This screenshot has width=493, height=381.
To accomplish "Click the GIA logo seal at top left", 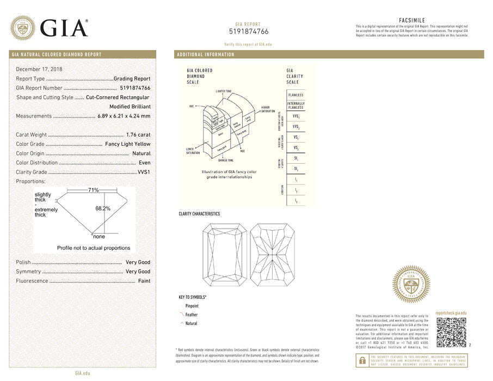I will [23, 27].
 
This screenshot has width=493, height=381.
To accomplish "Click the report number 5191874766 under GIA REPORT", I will [248, 32].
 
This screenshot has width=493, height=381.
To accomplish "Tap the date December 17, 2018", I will [39, 69].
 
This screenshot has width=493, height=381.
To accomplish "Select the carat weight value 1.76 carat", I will [138, 134].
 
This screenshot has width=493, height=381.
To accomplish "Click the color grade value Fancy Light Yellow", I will [128, 144].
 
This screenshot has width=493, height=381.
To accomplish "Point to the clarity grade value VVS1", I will [144, 172].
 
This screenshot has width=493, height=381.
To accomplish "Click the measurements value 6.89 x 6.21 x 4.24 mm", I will [124, 116].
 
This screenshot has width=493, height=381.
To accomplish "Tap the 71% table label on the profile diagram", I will [94, 190].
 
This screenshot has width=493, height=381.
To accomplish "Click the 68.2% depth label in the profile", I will [103, 208].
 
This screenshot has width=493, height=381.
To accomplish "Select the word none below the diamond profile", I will [99, 237].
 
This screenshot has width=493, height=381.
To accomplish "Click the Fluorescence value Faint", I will [144, 281].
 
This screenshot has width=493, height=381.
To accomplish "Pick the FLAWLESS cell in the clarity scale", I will [296, 95].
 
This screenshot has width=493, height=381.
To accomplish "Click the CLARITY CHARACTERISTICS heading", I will [199, 214].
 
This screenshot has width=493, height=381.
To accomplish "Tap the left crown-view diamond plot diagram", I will [224, 255].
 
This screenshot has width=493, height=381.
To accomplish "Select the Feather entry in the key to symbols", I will [191, 315].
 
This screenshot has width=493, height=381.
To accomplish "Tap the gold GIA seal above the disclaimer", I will [411, 284].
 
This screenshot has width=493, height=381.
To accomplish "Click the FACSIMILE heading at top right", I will [411, 20].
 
